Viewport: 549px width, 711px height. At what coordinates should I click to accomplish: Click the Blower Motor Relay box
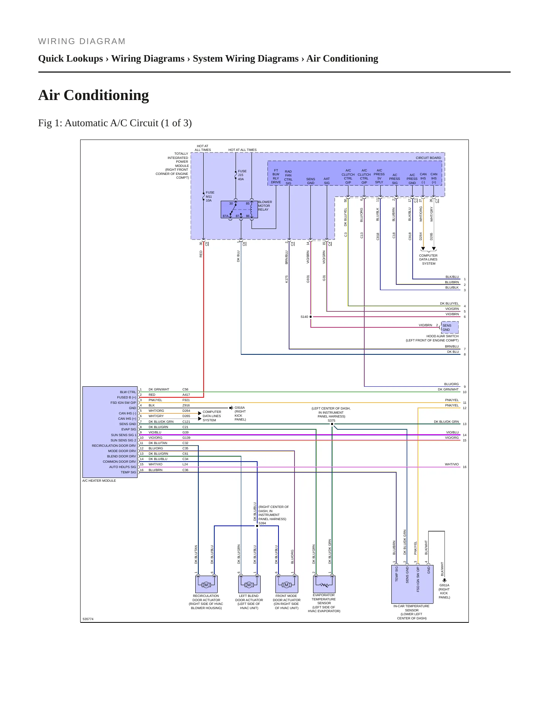pos(239,209)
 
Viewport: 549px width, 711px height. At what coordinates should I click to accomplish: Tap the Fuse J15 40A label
pos(242,175)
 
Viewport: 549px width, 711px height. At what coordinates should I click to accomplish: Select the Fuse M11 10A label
pos(210,197)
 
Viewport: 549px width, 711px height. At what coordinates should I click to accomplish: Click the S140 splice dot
pos(310,317)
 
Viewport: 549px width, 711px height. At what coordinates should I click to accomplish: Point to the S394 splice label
pos(262,523)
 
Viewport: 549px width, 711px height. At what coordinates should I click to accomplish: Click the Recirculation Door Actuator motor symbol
pos(206,584)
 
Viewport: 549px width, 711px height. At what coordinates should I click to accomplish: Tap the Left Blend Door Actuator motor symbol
pos(249,584)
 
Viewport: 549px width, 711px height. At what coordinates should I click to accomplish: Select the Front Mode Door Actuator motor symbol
pos(286,584)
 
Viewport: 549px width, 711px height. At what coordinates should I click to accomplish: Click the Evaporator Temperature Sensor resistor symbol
pos(324,584)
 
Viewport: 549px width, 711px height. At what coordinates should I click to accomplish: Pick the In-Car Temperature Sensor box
pos(412,584)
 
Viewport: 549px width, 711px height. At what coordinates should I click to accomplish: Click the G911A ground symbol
pos(444,580)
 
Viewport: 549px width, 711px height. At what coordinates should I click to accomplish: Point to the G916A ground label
pos(240,408)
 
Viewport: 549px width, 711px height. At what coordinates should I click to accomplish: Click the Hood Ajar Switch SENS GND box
pos(449,327)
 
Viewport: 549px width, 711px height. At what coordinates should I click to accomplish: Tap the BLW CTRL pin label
pos(128,392)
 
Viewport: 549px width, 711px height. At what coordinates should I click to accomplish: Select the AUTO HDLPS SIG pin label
pos(122,467)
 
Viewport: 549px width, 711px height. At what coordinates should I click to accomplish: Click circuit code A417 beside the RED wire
pos(186,395)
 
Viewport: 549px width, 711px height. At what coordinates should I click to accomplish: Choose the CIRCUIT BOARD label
pos(428,158)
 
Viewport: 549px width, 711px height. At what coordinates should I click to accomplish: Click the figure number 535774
pos(88,619)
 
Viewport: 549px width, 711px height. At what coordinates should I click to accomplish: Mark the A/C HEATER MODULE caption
pos(99,481)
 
